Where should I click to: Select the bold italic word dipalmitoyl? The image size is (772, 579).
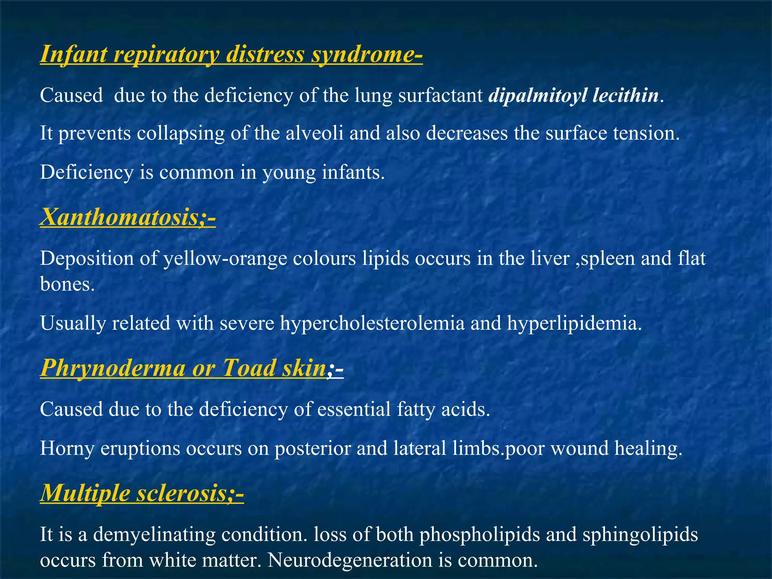click(537, 95)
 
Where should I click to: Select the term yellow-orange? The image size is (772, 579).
click(225, 259)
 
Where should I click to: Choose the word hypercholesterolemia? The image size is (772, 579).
click(372, 323)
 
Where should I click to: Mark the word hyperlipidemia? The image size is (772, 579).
click(573, 323)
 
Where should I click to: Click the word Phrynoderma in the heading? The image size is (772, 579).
click(112, 368)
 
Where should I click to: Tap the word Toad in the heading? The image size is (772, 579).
click(248, 368)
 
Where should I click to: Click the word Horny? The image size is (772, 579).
click(67, 448)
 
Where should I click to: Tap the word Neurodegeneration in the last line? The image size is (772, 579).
click(350, 560)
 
